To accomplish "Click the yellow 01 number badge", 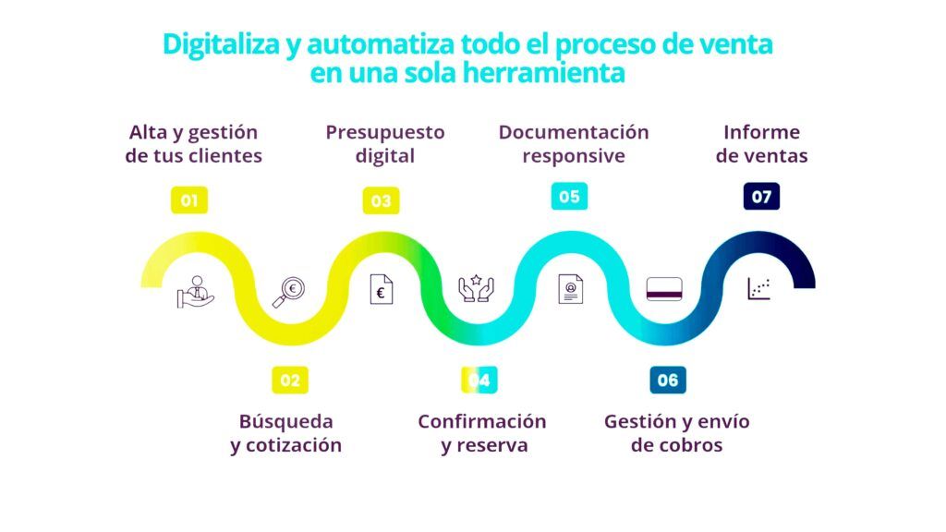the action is point(189,200).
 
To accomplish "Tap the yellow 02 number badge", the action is point(290,380).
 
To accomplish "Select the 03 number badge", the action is point(381,200).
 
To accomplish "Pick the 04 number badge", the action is point(479,380).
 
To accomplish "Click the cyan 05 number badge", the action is point(569,197).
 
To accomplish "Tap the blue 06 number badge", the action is point(668,380).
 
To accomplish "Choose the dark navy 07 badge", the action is point(761,197).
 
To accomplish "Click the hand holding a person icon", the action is point(196,292).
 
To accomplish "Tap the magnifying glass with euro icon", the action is point(288,293).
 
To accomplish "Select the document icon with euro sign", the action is point(382,289).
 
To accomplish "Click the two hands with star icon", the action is point(476,288).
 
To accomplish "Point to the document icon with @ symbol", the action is point(571,289).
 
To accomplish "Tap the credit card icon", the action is point(664,289).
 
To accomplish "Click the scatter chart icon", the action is point(759,289).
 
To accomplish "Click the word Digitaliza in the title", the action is point(222,45).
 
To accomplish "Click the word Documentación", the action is point(574,132).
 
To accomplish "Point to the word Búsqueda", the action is point(286,421).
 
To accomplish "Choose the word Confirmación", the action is point(482,421).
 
